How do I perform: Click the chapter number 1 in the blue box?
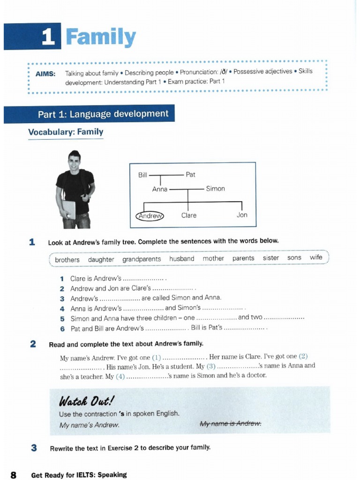48,37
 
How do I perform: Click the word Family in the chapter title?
101,37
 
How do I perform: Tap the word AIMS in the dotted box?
45,74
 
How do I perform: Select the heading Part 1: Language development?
103,114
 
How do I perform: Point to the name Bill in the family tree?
142,175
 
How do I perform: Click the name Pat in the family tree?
190,175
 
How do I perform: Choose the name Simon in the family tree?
215,189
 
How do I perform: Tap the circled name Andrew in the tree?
150,216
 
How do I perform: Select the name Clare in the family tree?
189,216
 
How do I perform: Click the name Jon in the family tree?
242,215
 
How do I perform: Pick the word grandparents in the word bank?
142,259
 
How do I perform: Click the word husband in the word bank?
182,259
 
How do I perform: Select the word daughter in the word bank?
101,259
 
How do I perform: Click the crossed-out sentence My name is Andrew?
230,424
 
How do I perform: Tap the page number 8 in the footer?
14,475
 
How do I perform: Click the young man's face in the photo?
74,163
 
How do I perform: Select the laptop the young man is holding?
68,209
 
